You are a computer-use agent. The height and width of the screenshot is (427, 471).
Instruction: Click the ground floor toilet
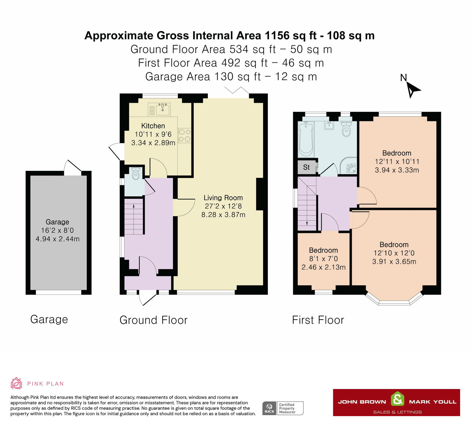click(x=135, y=174)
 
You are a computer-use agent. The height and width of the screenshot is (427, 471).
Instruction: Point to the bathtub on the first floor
click(x=306, y=139)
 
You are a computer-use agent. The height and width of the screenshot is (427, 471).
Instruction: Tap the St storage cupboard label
click(x=306, y=167)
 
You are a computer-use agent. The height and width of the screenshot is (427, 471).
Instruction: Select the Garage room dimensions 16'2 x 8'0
click(x=57, y=230)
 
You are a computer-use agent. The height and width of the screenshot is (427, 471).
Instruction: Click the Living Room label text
click(x=223, y=198)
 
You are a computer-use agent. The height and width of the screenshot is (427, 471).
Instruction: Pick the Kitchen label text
click(x=153, y=126)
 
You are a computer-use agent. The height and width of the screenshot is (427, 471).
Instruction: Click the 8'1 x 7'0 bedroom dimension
click(x=323, y=259)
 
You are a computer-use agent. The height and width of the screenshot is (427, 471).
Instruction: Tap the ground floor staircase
click(x=134, y=216)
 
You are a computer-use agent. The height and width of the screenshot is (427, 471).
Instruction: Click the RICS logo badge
click(x=269, y=408)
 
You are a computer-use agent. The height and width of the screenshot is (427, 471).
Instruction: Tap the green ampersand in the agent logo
click(x=397, y=399)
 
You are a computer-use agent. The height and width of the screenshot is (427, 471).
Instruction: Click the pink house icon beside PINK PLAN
click(x=16, y=383)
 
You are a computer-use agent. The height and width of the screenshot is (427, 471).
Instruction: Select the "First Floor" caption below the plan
click(x=318, y=320)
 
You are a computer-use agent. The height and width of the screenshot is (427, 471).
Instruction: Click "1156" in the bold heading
click(x=277, y=36)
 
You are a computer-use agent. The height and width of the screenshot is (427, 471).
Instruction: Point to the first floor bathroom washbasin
click(x=329, y=125)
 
